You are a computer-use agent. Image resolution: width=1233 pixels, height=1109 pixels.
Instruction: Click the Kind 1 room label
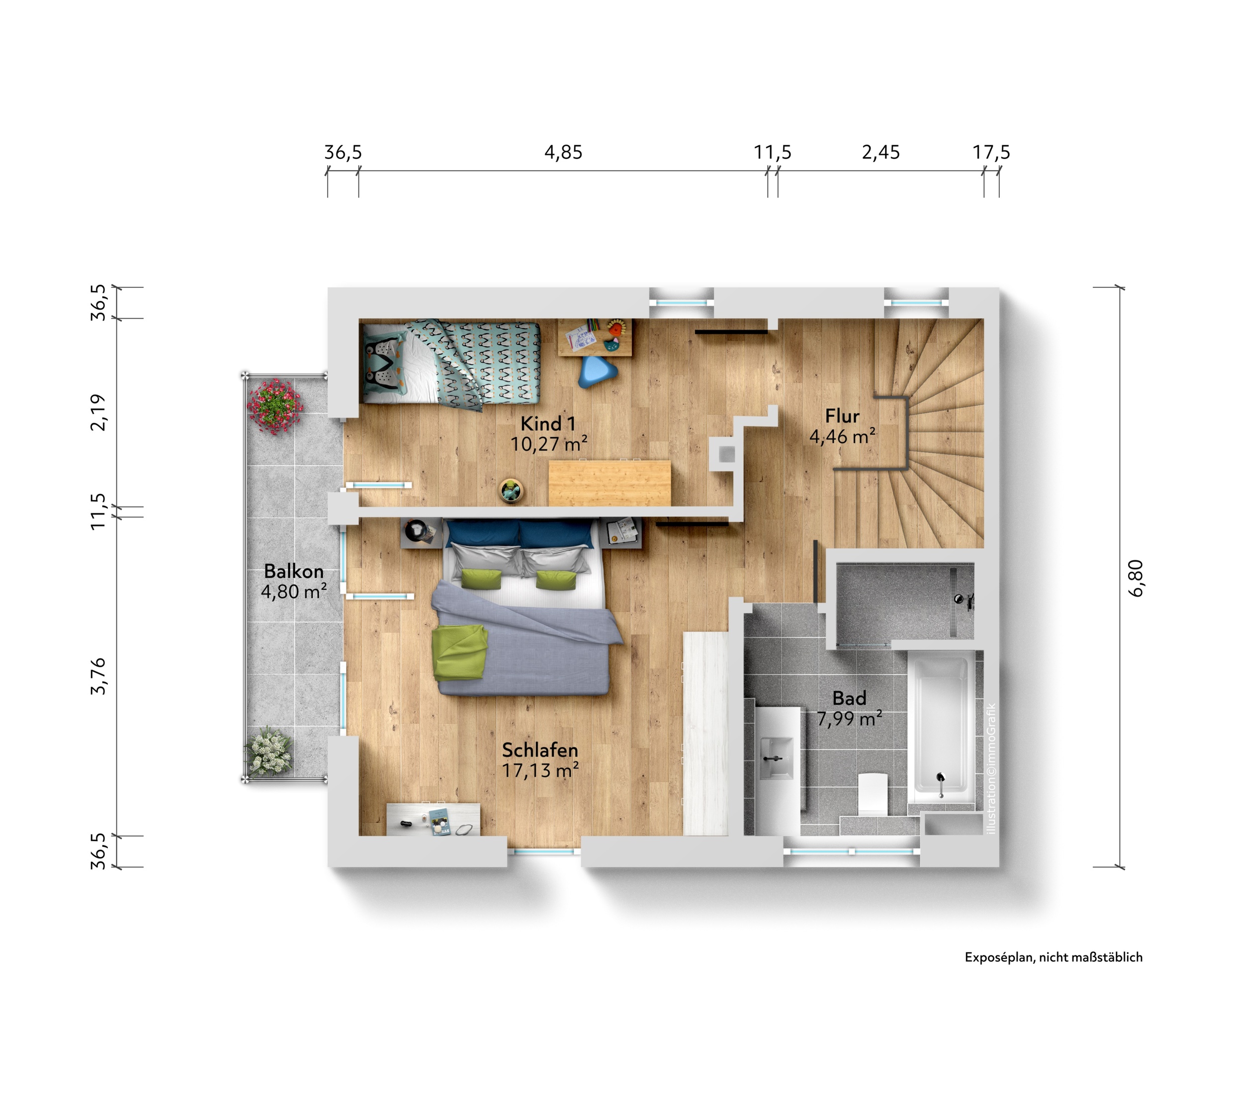(x=548, y=424)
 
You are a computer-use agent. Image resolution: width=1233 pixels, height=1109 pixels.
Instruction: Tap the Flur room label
(x=843, y=416)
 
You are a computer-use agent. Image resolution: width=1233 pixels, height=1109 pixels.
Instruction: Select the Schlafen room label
(x=540, y=750)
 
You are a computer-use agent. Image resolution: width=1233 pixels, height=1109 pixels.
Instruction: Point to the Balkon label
(x=294, y=571)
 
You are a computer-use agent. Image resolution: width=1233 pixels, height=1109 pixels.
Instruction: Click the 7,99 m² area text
(x=849, y=719)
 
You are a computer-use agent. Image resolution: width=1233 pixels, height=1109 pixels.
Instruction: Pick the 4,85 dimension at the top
(x=563, y=152)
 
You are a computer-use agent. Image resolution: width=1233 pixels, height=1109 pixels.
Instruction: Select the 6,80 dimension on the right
(x=1137, y=578)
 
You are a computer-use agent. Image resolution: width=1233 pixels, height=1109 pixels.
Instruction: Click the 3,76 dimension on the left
(x=98, y=676)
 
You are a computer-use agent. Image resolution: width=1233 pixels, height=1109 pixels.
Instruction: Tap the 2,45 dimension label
(x=881, y=152)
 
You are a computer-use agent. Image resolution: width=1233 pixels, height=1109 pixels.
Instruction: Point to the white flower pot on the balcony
(x=268, y=751)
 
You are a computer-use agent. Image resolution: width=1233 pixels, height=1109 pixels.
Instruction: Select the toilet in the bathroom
(x=873, y=793)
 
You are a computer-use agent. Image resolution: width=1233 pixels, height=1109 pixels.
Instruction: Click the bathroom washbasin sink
(x=776, y=758)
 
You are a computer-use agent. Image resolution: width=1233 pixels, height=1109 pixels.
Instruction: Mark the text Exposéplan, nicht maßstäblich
(x=1054, y=957)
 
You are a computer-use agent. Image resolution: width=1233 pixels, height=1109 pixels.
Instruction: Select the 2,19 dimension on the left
(x=98, y=413)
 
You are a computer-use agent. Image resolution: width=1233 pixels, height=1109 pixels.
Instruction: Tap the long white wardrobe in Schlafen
(x=706, y=734)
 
